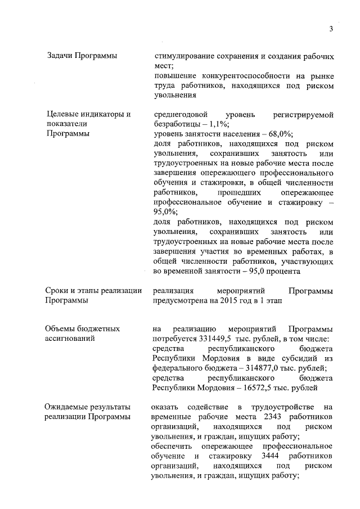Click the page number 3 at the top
pyautogui.click(x=331, y=30)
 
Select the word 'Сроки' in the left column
pyautogui.click(x=57, y=290)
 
